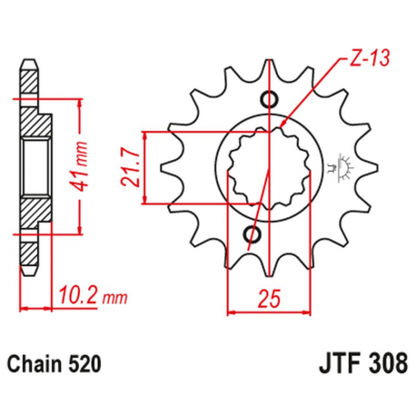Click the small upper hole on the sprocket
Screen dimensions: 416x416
pos(267,99)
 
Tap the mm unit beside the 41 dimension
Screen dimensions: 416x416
pos(83,146)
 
